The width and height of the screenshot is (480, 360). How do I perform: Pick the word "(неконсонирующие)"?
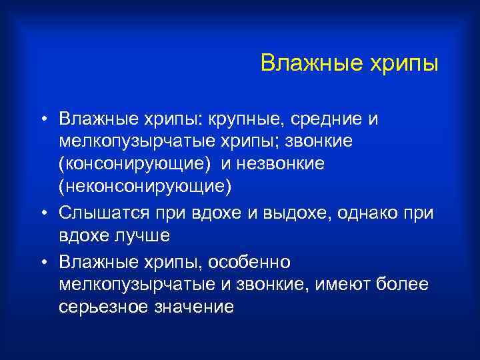(145, 187)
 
